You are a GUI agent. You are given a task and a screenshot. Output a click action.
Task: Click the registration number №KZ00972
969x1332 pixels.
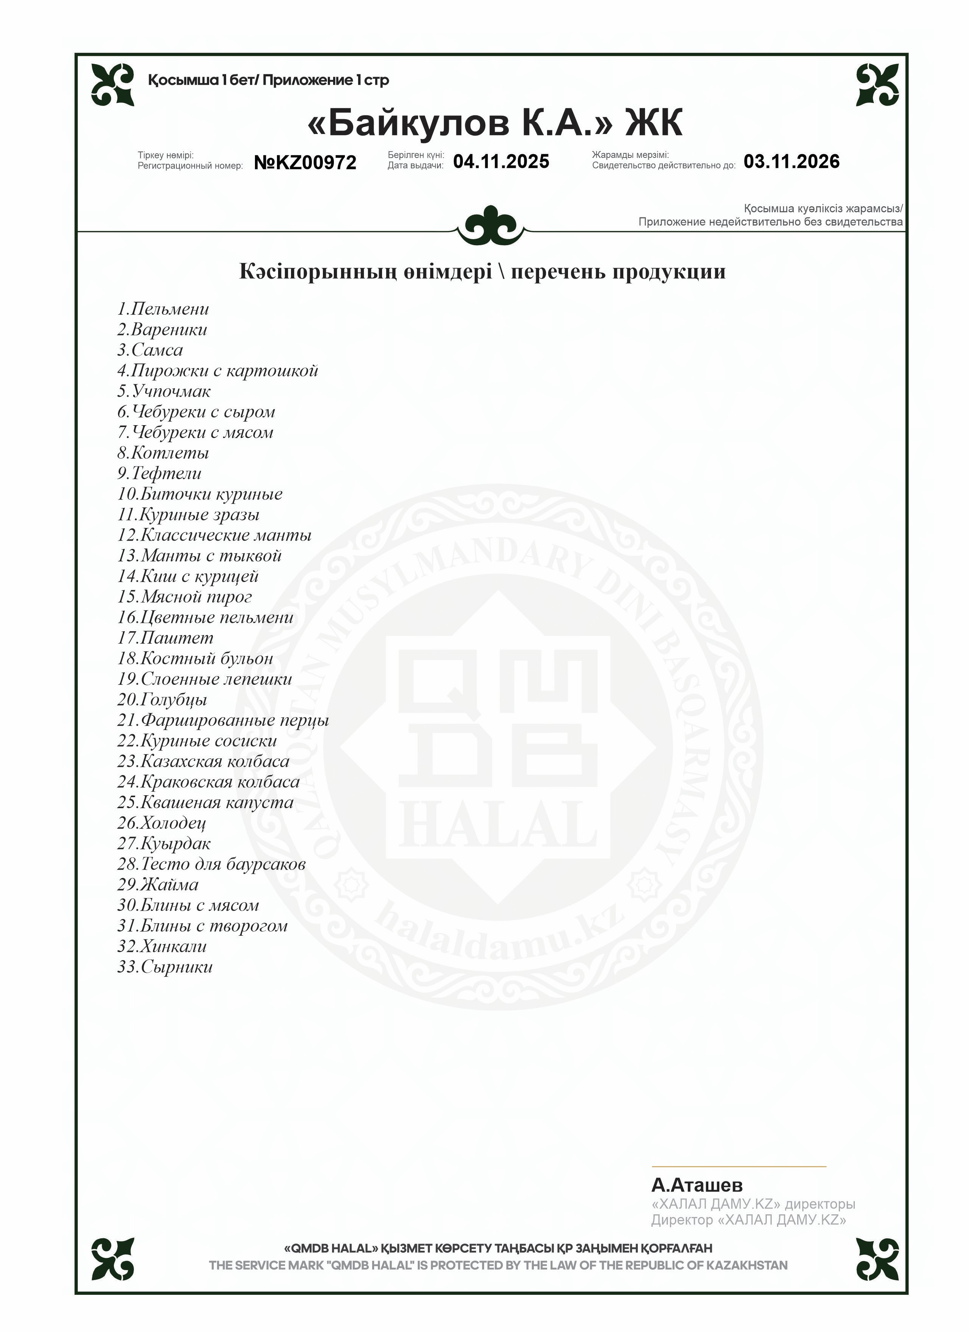[305, 163]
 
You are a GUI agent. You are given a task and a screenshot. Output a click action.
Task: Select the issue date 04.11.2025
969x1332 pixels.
[501, 161]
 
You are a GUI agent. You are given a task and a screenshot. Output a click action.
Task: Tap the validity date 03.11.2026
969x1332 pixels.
[791, 161]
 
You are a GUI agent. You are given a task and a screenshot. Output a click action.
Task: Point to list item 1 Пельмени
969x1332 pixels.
[163, 309]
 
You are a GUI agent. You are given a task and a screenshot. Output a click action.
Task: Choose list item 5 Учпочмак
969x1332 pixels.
[164, 391]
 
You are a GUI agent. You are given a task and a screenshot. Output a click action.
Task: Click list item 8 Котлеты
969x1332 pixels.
[163, 453]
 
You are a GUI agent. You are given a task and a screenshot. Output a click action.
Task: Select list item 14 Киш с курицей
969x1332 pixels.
[188, 576]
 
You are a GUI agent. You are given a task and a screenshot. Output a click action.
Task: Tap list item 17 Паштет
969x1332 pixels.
[165, 638]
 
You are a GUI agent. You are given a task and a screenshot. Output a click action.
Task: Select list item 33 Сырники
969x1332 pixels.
[165, 967]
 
